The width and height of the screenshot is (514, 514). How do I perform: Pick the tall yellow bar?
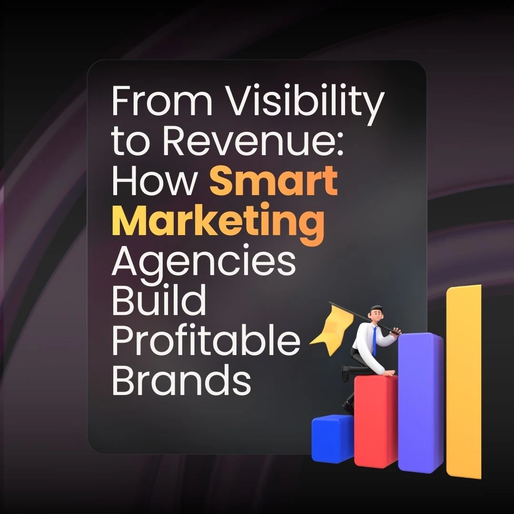click(x=464, y=381)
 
